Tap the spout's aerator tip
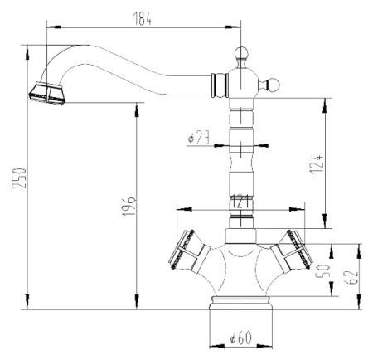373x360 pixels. (x=48, y=94)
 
